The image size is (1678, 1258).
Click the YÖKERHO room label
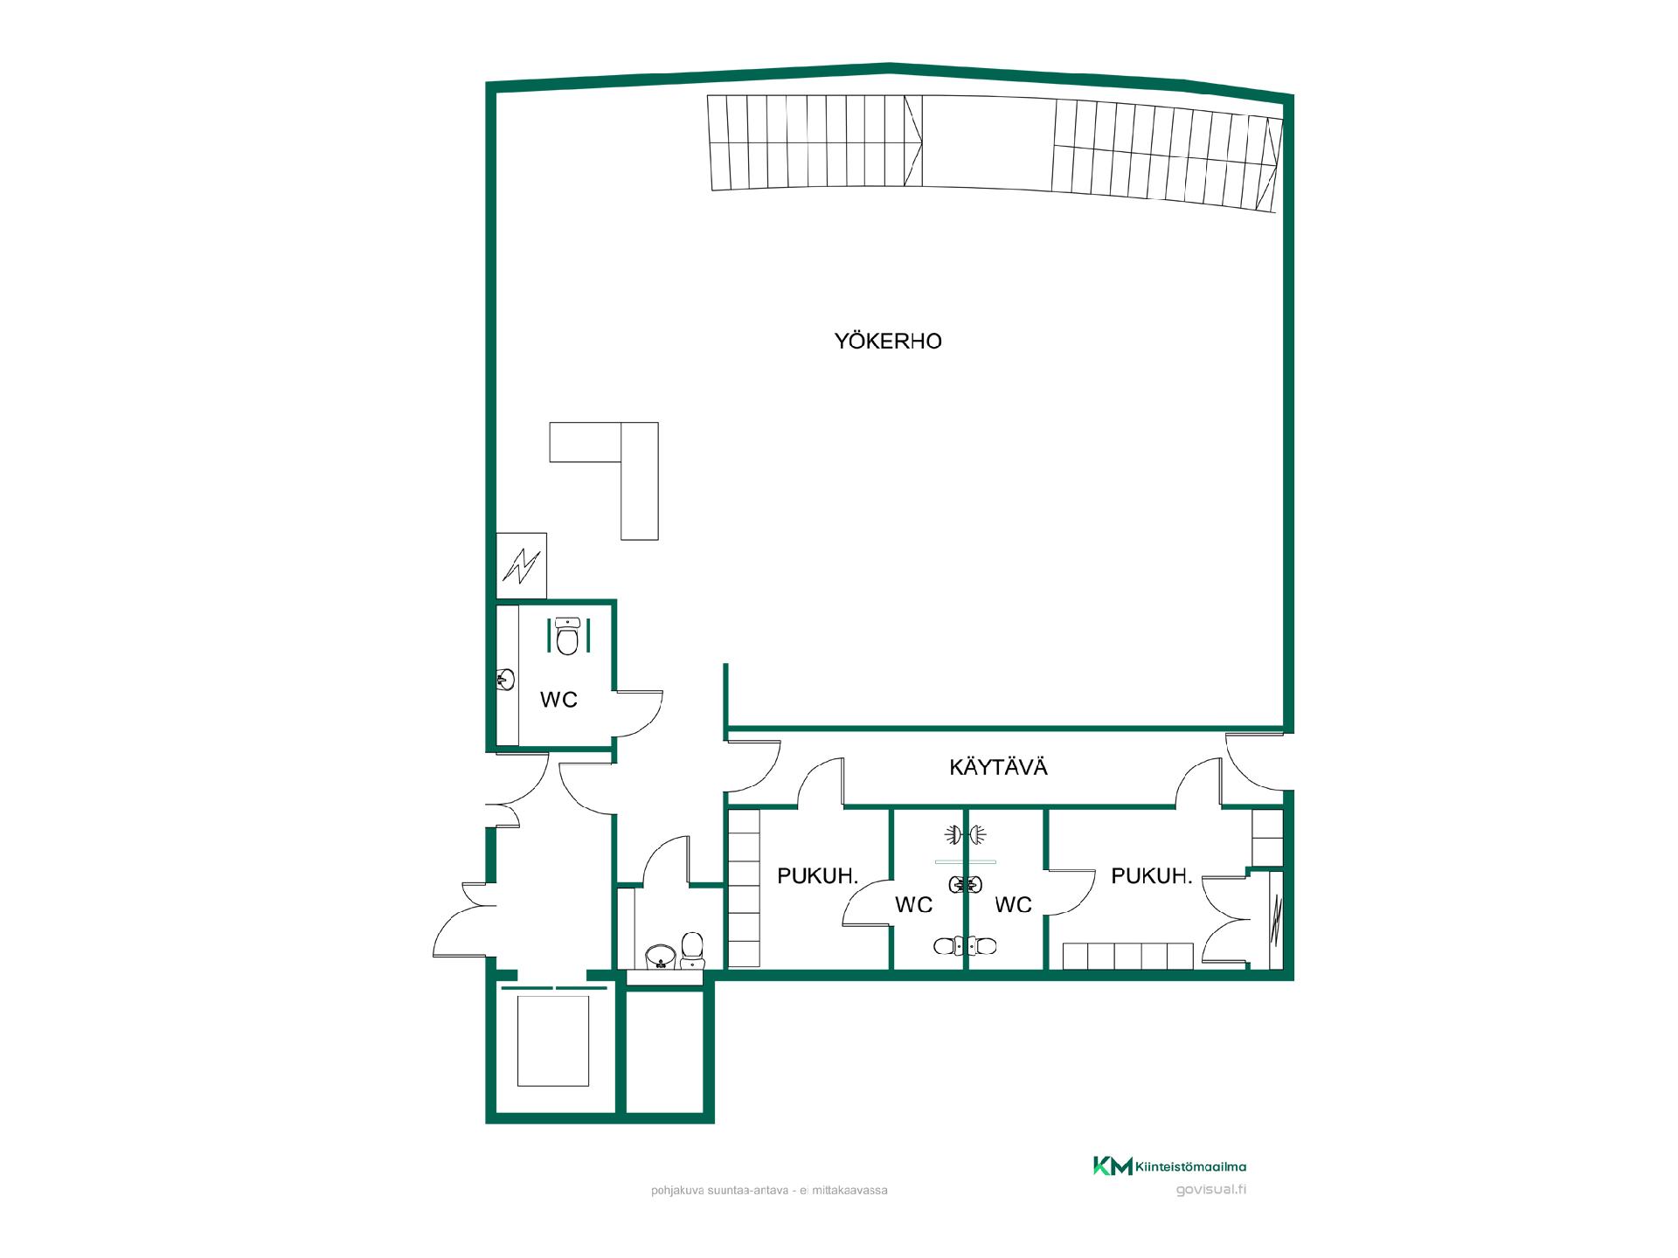pos(888,342)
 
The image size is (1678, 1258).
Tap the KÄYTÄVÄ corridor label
pos(998,768)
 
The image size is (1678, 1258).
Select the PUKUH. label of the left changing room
pos(818,875)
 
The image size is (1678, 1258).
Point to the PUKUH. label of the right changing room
pos(1152,875)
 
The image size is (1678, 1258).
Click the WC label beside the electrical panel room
pos(558,700)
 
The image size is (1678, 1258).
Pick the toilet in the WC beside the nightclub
pos(568,637)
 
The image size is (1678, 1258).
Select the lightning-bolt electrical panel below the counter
pos(522,566)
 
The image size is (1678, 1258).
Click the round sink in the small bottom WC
pos(659,957)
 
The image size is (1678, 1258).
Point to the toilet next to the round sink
pos(692,950)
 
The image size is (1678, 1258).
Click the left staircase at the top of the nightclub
pos(815,142)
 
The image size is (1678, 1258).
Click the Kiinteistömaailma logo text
pos(1190,1166)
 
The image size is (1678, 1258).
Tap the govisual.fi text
pos(1211,1189)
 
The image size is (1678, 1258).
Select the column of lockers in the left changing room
pos(744,888)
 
